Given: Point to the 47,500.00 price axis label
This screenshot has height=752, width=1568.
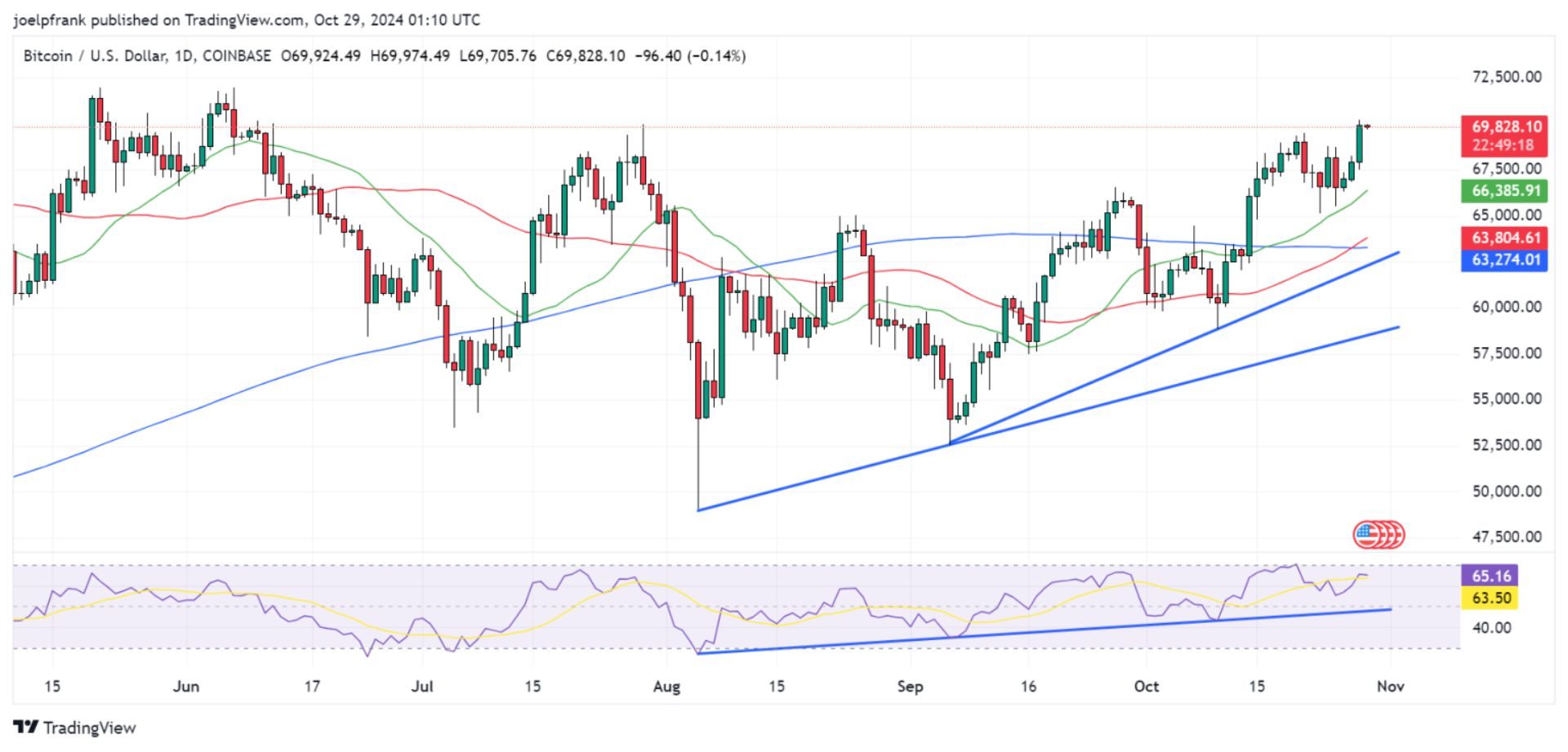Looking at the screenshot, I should point(1506,536).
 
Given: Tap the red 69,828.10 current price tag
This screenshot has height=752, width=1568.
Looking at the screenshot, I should point(1506,127).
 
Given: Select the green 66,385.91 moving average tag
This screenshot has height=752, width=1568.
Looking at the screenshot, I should point(1506,191).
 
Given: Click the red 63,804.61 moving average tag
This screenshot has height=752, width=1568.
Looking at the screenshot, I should point(1506,238).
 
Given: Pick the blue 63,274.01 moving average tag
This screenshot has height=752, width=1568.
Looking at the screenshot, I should point(1506,260).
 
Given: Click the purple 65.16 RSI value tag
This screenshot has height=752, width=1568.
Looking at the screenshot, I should point(1491,576).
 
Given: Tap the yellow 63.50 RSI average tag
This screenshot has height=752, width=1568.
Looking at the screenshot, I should point(1491,598).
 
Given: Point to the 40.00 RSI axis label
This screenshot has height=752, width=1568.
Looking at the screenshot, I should point(1491,627).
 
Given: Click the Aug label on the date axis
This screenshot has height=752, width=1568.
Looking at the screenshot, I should point(666,687).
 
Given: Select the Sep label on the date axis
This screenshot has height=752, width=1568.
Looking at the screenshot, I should point(910,687).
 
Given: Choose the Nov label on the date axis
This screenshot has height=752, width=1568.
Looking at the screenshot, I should point(1390,687).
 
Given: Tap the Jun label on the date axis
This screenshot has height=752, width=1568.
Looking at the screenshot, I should point(186,687).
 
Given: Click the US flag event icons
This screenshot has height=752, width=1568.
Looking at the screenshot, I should point(1379,535).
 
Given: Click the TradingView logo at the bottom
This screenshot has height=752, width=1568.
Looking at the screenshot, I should point(74,728).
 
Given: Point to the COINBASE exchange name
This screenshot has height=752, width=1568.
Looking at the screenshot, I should point(236,56).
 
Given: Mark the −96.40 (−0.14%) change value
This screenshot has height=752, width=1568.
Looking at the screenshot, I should point(691,56).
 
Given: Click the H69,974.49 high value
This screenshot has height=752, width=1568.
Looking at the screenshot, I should point(409,56).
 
